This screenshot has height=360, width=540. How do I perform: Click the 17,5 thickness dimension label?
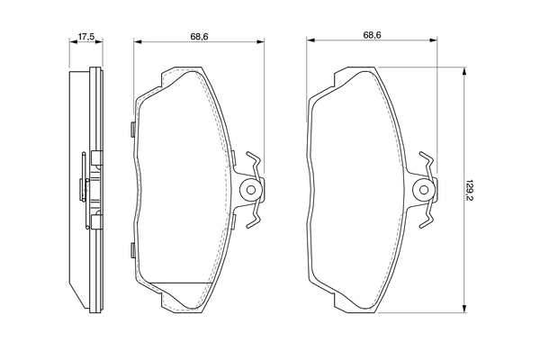pyautogui.click(x=86, y=37)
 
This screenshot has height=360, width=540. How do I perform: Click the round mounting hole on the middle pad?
pyautogui.click(x=253, y=190)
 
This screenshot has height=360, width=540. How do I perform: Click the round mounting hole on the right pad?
pyautogui.click(x=426, y=190)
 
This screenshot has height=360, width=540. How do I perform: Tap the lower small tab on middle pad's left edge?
pyautogui.click(x=132, y=250)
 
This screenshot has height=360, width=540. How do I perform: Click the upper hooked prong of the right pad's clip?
pyautogui.click(x=429, y=160)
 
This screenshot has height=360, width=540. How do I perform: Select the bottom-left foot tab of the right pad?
pyautogui.click(x=337, y=302)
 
